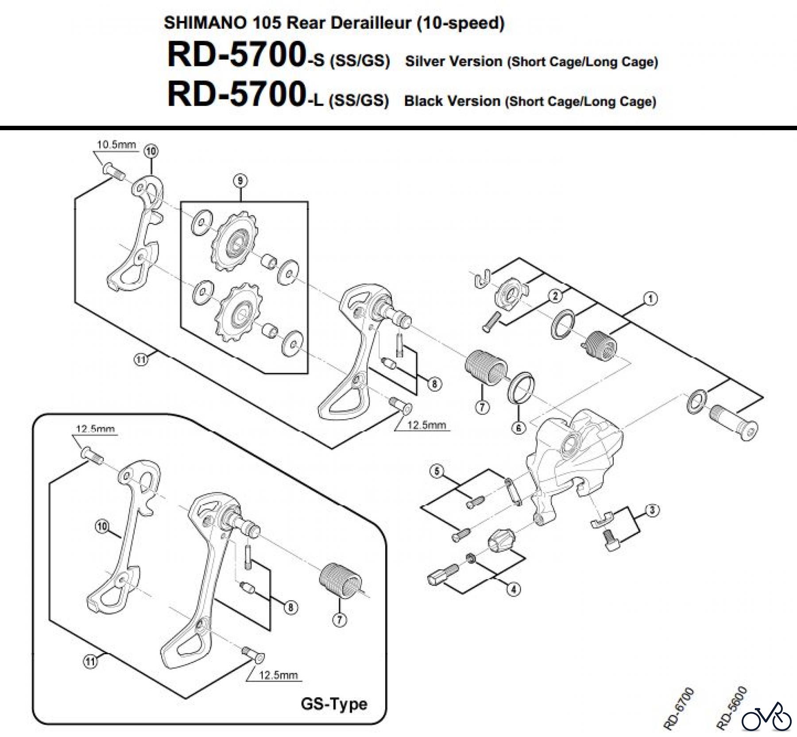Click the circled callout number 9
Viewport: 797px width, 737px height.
(240, 181)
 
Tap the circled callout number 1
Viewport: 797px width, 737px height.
(650, 299)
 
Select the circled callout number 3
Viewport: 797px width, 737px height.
(652, 510)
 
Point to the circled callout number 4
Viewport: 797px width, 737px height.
(514, 589)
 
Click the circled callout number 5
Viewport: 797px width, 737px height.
(437, 471)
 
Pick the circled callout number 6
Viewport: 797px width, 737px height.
(518, 427)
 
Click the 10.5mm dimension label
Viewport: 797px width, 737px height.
(116, 145)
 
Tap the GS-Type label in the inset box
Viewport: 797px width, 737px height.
(334, 704)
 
